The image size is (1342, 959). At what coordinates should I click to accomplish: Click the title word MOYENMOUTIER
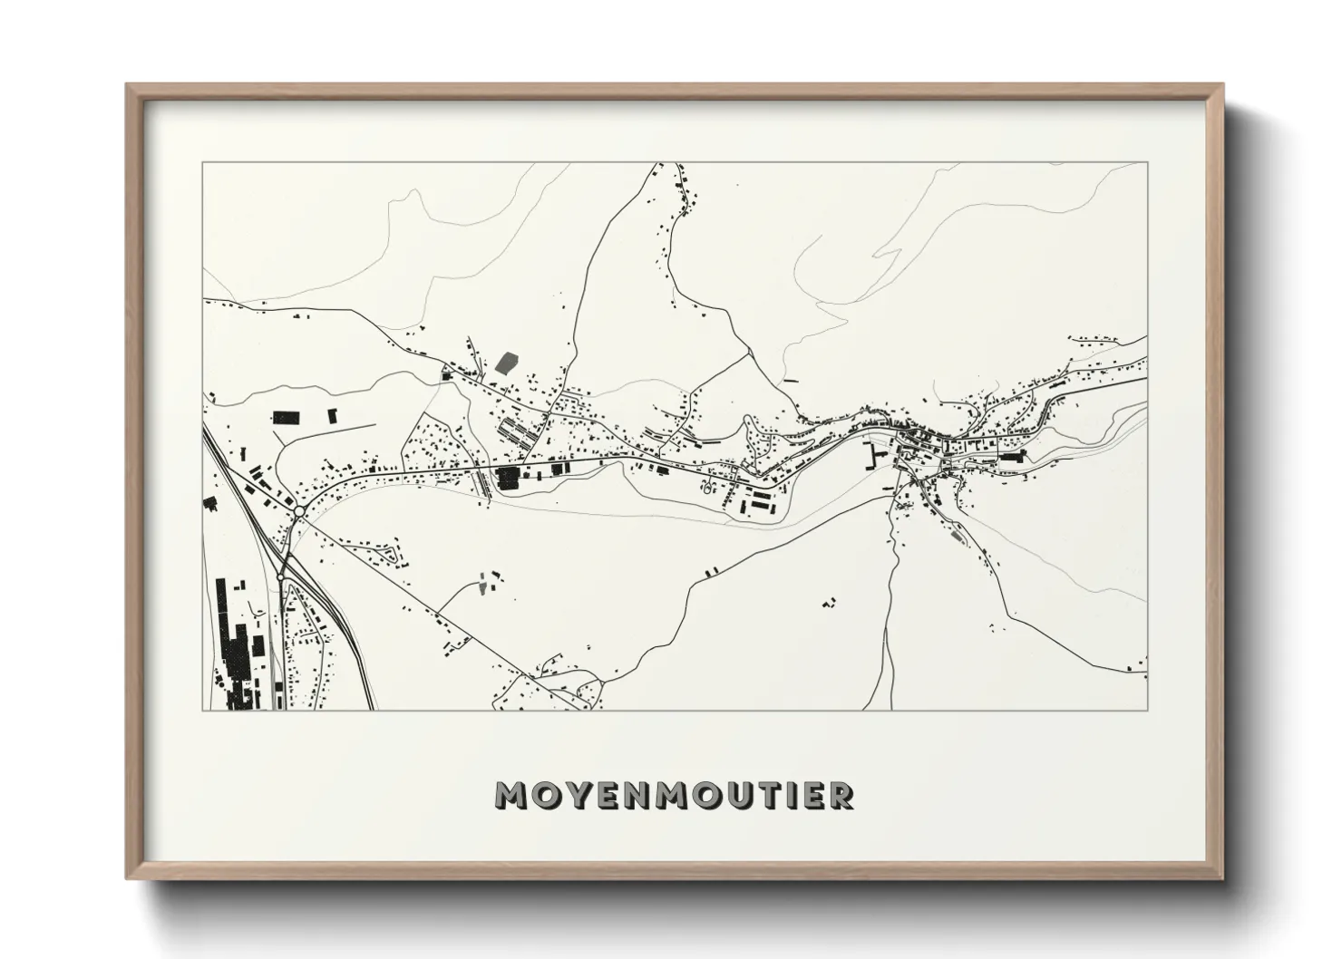pyautogui.click(x=674, y=795)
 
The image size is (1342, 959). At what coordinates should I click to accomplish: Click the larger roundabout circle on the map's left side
pyautogui.click(x=298, y=513)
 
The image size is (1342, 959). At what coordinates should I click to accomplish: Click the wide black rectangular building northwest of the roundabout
pyautogui.click(x=286, y=418)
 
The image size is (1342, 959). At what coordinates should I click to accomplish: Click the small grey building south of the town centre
pyautogui.click(x=954, y=537)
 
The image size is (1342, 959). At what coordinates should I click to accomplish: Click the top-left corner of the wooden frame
pyautogui.click(x=128, y=85)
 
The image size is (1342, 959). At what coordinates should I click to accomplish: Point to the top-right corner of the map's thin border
pyautogui.click(x=1147, y=163)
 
